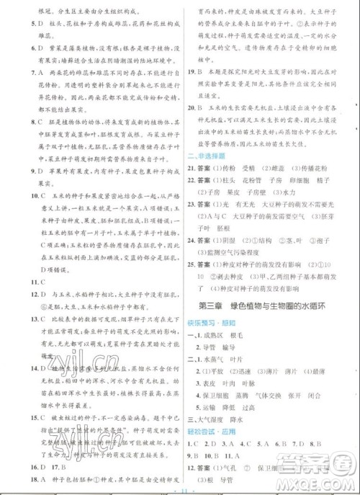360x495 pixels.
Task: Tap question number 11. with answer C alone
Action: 22,280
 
